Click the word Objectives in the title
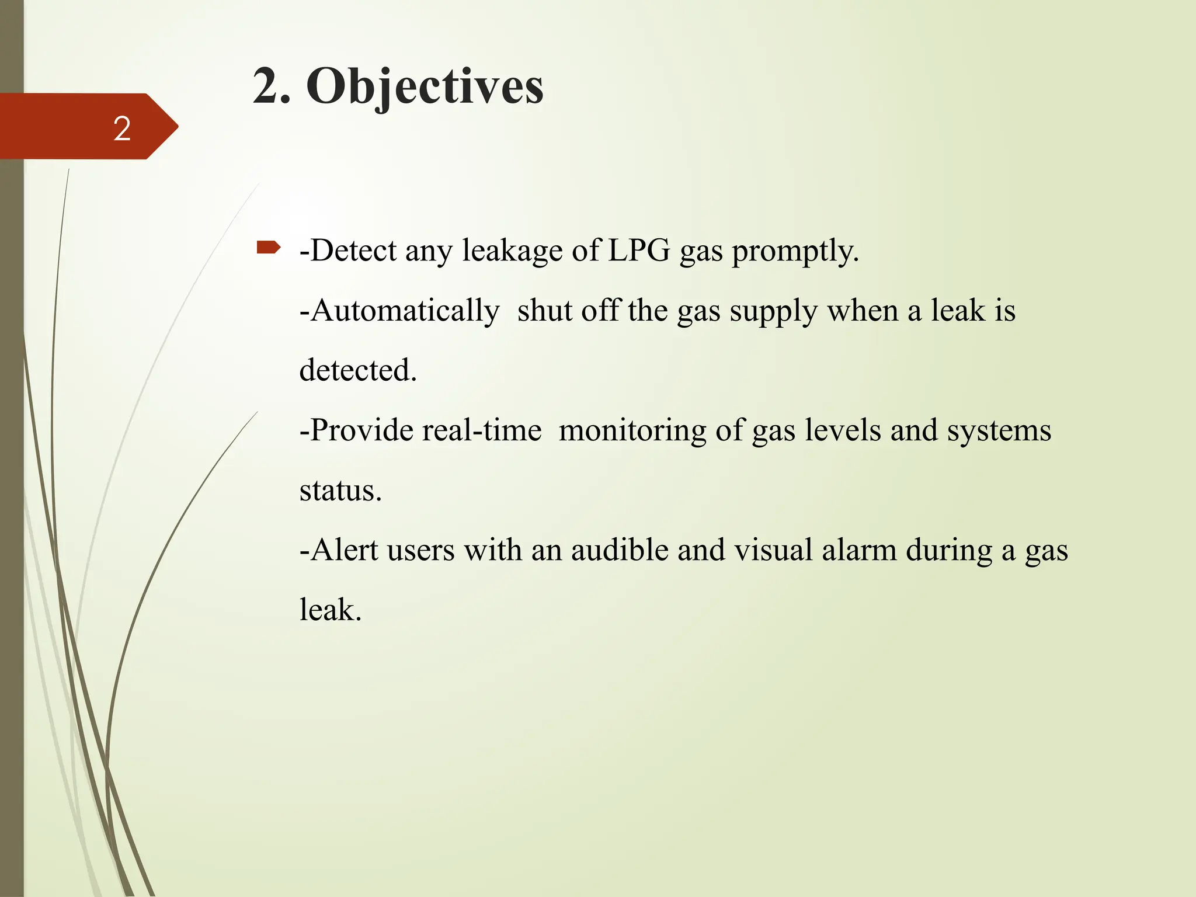(425, 86)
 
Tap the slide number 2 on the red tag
(122, 128)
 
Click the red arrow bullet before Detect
(268, 249)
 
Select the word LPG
(639, 251)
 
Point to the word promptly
(795, 252)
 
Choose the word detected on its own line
(357, 370)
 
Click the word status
(340, 491)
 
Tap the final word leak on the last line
(330, 610)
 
